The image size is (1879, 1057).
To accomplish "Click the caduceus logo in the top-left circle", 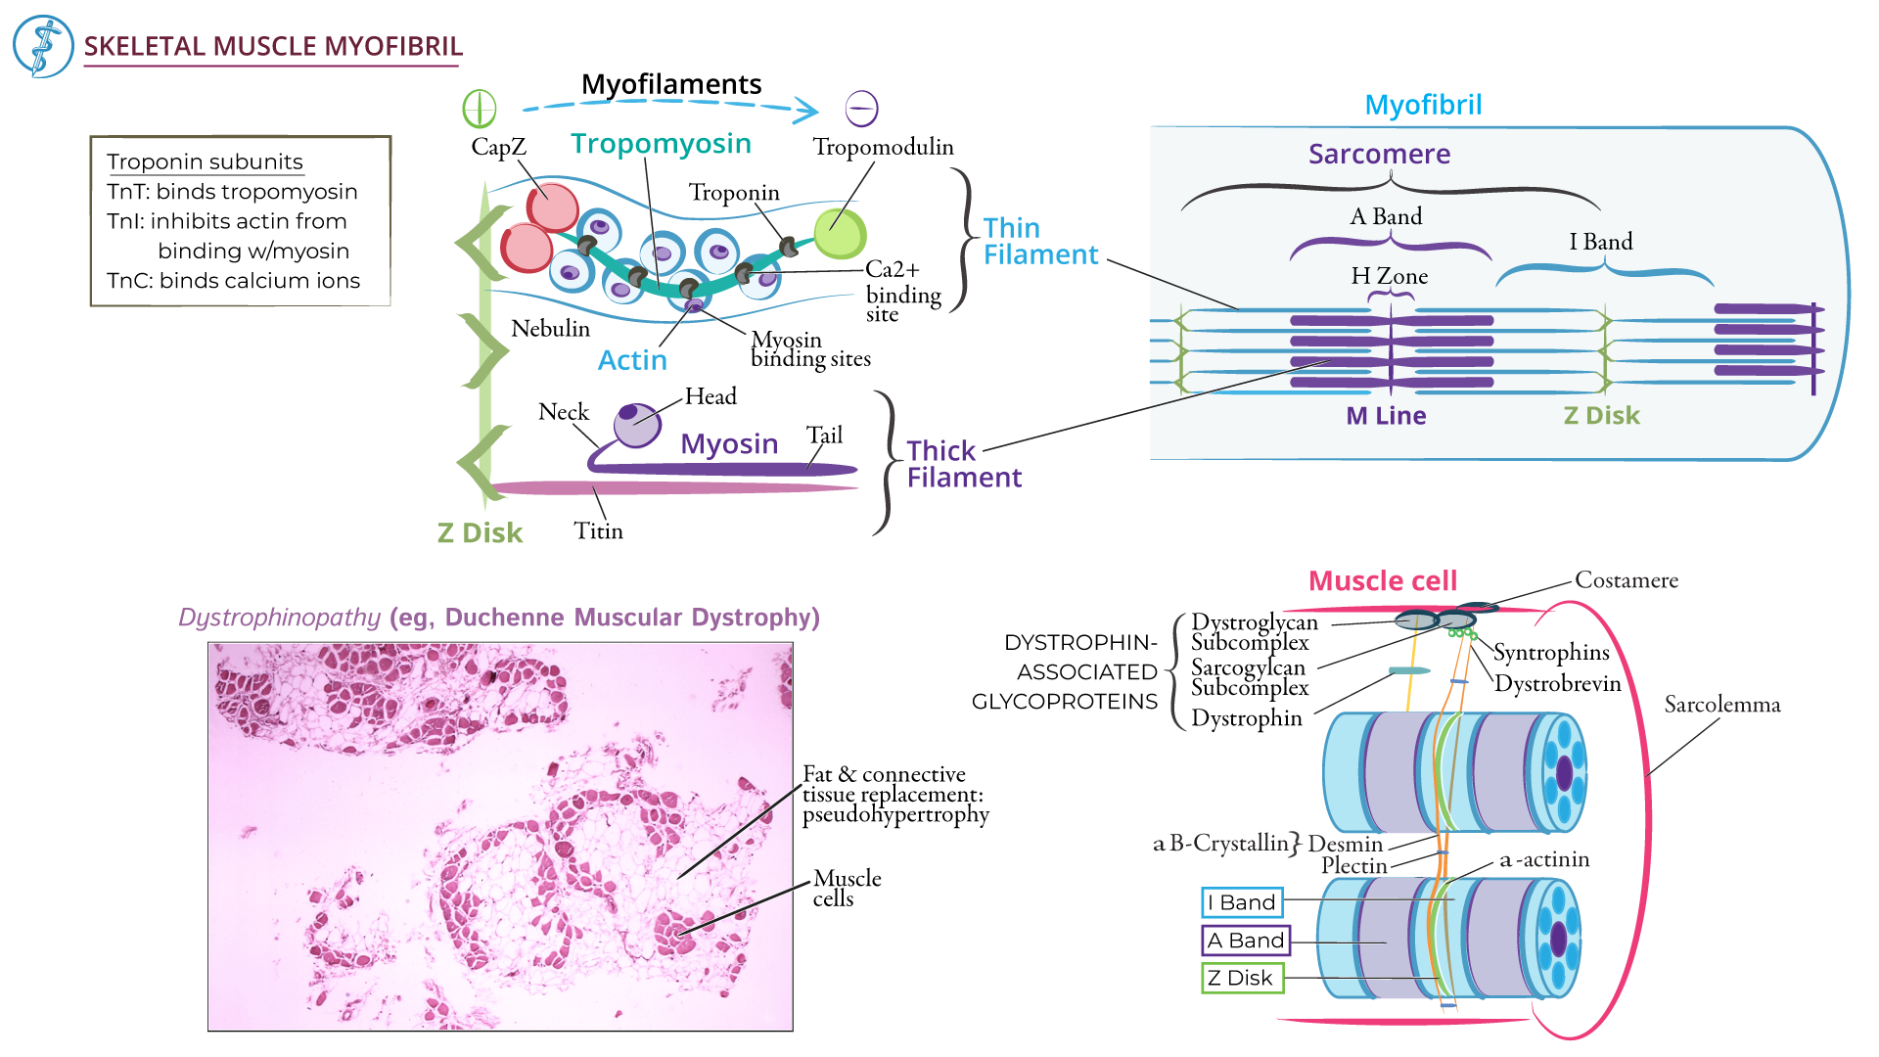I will pos(43,46).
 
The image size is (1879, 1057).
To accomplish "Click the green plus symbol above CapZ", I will pos(480,109).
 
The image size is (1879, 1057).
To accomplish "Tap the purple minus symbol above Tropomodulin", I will pos(861,108).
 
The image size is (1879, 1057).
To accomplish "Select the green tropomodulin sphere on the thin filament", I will pos(841,233).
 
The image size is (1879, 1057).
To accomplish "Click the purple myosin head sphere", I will pos(637,424).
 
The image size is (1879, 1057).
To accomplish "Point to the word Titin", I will pos(598,530).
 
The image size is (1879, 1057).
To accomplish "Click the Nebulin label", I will pos(550,329).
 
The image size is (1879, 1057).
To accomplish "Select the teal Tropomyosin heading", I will pos(661,144).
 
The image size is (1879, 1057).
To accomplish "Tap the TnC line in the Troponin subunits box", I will pos(233,281).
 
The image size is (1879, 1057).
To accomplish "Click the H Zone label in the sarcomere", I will pos(1389,276).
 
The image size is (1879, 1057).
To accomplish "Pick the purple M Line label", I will pos(1386,416).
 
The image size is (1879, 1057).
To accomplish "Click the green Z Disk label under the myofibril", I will pos(1601,416).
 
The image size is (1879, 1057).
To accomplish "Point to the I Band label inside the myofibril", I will pos(1600,242).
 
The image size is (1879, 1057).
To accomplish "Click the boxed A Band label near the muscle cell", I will pos(1245,941).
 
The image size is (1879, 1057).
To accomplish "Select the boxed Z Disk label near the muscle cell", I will pos(1241,978).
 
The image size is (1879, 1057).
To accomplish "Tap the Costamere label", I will pos(1626,580).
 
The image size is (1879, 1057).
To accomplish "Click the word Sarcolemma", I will pos(1721,705).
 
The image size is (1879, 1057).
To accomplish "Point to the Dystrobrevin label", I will pos(1557,684).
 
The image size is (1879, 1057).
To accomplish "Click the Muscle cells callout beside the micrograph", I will pos(847,888).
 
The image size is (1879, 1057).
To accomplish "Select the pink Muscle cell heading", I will pos(1382,581).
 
